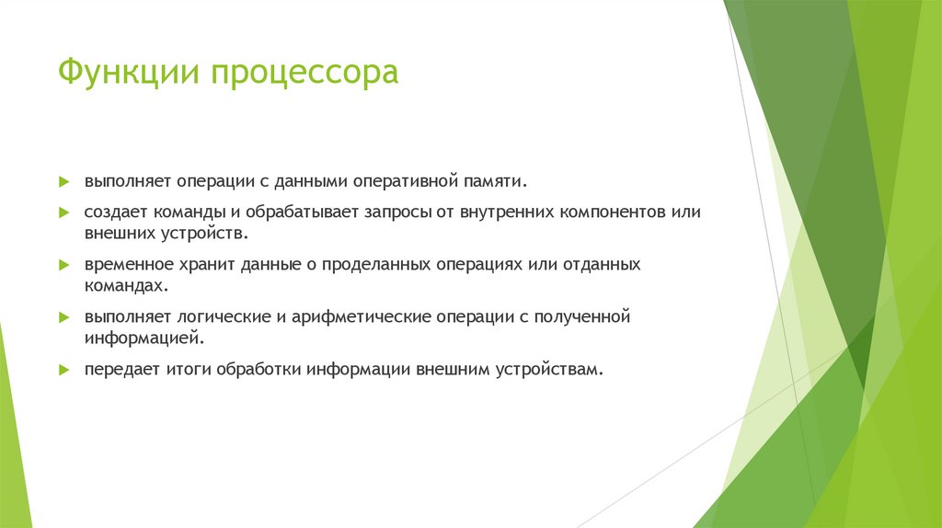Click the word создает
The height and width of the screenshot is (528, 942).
(114, 212)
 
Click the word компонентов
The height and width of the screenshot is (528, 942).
(609, 212)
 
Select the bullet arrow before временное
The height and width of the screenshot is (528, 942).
(63, 264)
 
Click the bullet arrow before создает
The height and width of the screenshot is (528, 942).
(63, 212)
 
